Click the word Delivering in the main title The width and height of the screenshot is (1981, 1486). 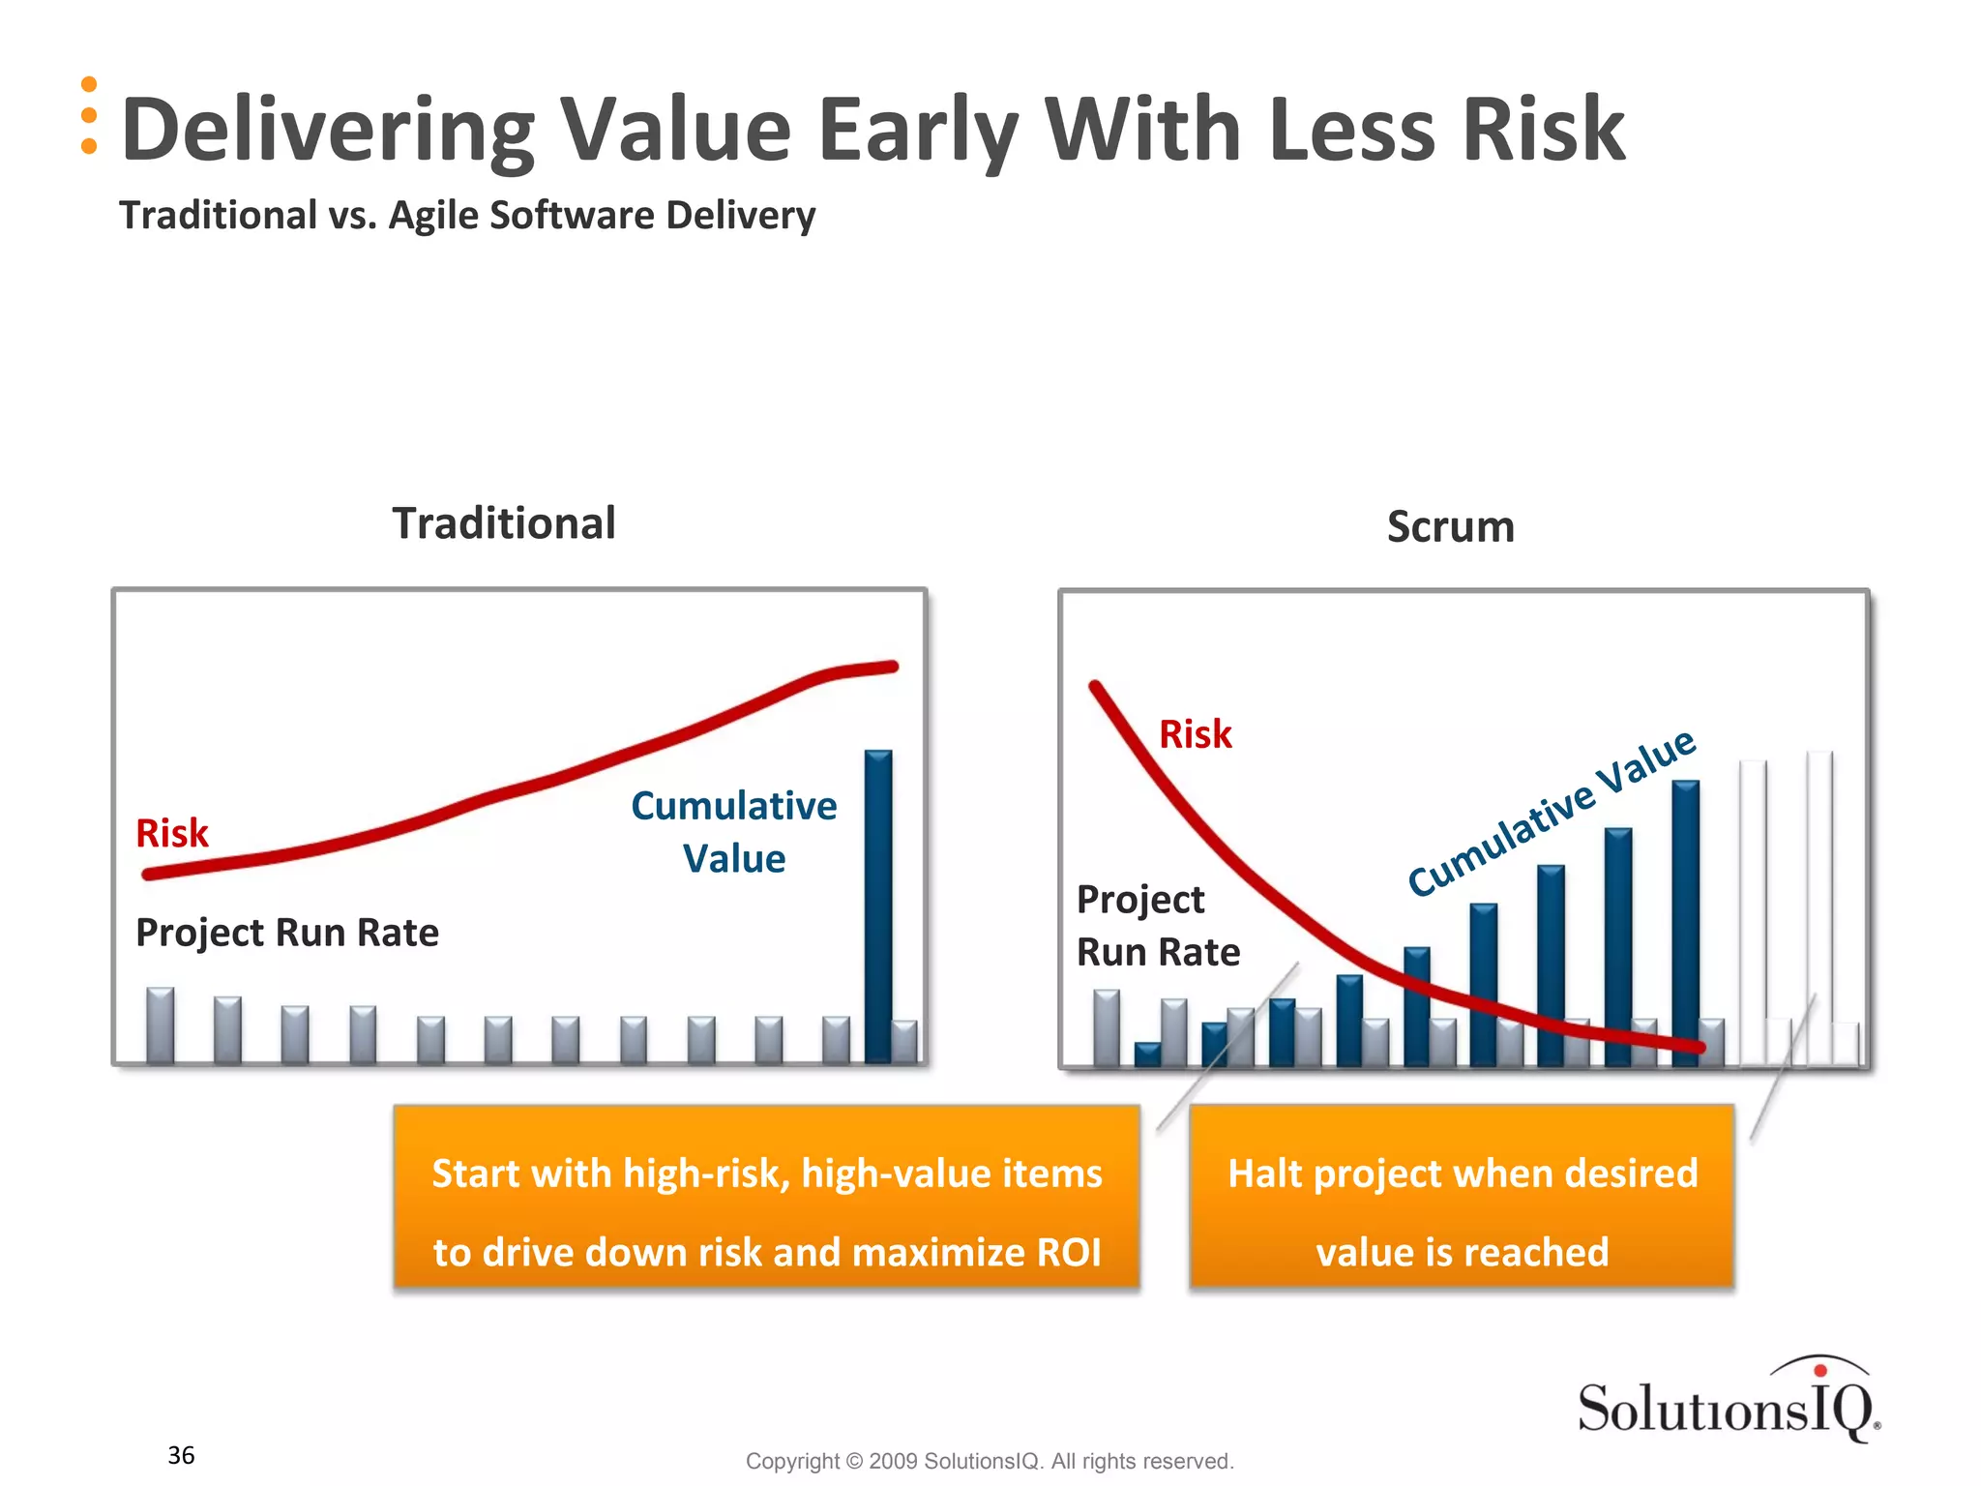click(328, 131)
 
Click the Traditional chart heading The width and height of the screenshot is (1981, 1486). click(503, 523)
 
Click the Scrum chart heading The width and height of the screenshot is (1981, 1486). click(1450, 527)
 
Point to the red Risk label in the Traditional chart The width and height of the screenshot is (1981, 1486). click(172, 833)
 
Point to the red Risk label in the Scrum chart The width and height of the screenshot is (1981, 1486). click(1195, 734)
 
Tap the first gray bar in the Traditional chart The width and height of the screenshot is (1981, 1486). click(161, 1025)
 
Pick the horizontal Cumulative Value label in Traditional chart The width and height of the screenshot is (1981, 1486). click(733, 831)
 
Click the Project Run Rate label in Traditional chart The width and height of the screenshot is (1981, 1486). click(287, 933)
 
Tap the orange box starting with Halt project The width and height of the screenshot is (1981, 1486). click(1462, 1198)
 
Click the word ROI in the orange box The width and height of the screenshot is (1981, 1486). click(1068, 1252)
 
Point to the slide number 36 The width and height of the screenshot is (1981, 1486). click(181, 1455)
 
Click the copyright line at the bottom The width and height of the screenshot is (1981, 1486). click(990, 1461)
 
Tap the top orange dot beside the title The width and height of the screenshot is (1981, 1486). click(89, 84)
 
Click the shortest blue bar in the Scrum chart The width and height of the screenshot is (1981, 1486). click(1147, 1054)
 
